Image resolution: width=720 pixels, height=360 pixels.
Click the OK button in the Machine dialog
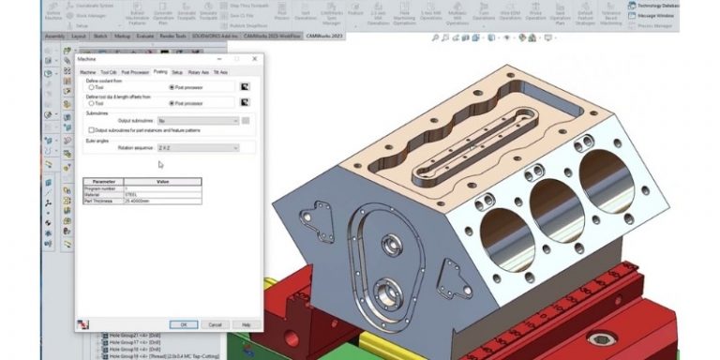[x=184, y=324]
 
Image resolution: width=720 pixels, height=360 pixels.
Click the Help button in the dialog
[x=246, y=324]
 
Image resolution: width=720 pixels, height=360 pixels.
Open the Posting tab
[x=160, y=71]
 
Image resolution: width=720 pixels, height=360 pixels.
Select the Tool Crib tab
[x=108, y=71]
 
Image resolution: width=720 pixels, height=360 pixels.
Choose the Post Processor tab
[x=134, y=71]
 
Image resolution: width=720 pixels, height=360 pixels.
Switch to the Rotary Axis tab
[x=198, y=71]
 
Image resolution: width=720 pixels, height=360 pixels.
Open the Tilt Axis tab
[x=220, y=71]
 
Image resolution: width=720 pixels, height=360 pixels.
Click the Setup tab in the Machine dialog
[x=177, y=71]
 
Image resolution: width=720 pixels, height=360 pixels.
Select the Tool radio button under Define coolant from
[x=90, y=87]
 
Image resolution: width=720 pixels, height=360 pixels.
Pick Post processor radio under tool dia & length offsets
[x=171, y=103]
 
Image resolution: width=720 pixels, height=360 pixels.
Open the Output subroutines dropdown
[x=198, y=121]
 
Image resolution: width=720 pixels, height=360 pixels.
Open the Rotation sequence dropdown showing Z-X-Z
[x=198, y=148]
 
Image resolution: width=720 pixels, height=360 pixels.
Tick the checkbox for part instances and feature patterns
[x=90, y=130]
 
